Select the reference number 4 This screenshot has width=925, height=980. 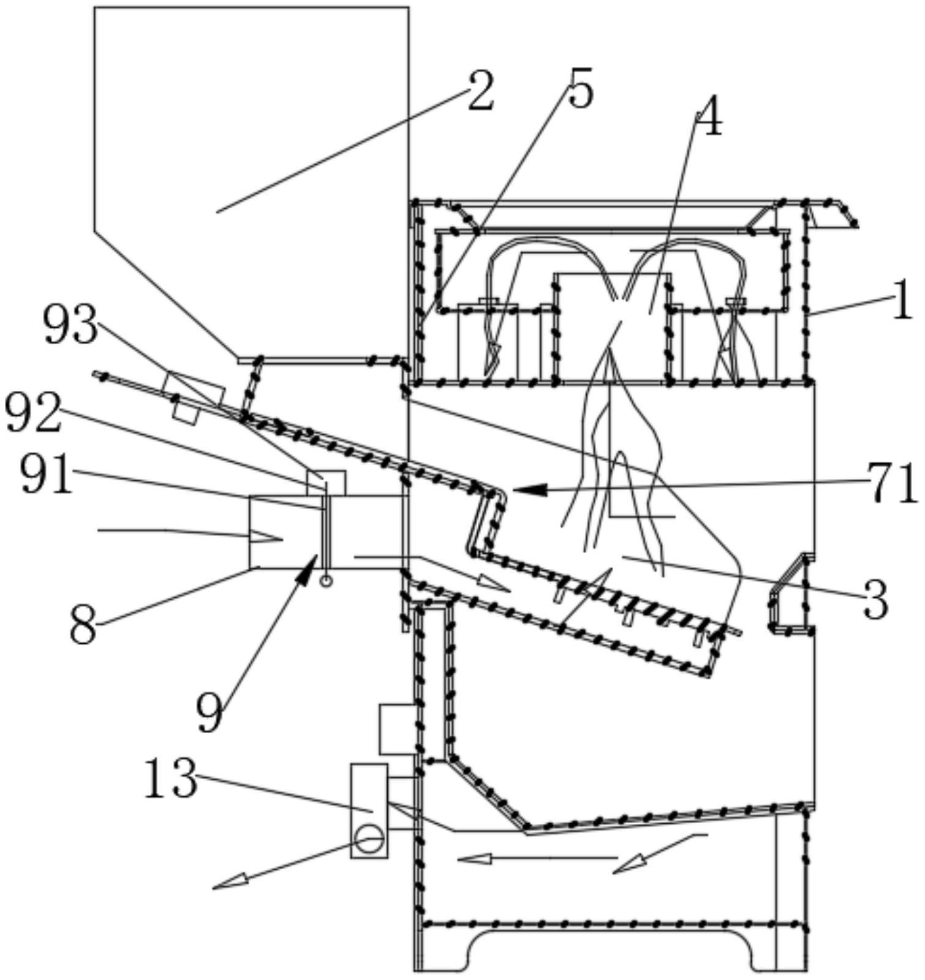click(x=709, y=122)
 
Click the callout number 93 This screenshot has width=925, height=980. click(x=70, y=325)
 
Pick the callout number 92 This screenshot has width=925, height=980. click(x=34, y=413)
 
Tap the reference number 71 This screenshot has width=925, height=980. click(x=892, y=484)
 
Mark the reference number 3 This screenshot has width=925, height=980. click(x=875, y=600)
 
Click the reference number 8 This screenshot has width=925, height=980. click(x=83, y=625)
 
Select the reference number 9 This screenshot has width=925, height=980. click(x=210, y=714)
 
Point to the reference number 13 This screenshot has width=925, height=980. click(x=170, y=778)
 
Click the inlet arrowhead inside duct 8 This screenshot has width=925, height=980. click(x=266, y=538)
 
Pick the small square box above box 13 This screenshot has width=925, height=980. click(x=398, y=729)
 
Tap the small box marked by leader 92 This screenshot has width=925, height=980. click(x=326, y=483)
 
